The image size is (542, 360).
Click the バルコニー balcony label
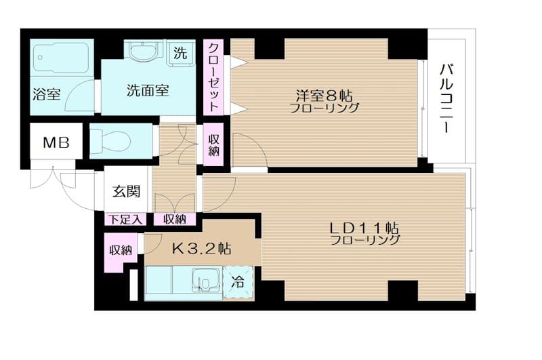[446, 99]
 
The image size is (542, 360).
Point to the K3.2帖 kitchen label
[201, 249]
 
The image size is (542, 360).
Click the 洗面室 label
[148, 89]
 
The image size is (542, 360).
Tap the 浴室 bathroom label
[46, 94]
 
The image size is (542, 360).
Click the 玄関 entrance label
[126, 191]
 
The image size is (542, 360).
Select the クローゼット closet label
[213, 77]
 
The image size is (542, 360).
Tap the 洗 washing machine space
[180, 52]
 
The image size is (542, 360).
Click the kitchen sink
[204, 281]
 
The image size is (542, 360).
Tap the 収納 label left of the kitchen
[121, 249]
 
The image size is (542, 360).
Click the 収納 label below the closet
[213, 145]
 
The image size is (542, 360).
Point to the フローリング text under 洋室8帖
[323, 107]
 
